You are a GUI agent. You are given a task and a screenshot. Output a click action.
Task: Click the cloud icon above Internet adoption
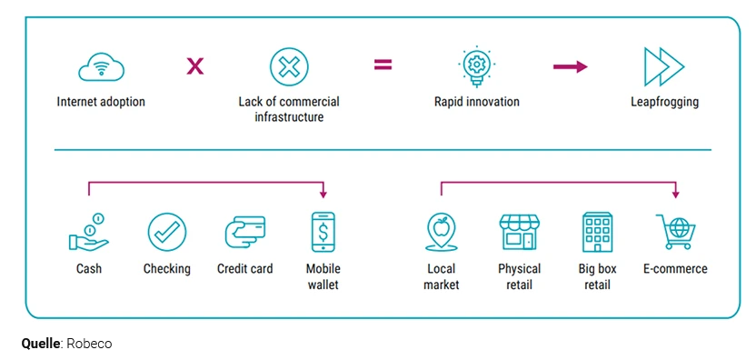100,67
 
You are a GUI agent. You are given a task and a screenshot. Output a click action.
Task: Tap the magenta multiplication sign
194,65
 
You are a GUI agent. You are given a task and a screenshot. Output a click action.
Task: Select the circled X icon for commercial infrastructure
289,67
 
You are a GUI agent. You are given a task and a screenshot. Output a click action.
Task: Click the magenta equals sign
383,65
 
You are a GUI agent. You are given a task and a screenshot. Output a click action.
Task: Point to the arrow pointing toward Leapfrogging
570,66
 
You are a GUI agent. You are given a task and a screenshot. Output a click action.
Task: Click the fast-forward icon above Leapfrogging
663,67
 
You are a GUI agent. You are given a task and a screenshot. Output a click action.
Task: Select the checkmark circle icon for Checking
167,232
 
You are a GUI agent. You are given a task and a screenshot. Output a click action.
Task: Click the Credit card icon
244,232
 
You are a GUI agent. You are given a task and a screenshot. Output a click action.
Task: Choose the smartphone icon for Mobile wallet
323,232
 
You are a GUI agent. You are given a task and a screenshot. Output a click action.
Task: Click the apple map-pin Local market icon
442,232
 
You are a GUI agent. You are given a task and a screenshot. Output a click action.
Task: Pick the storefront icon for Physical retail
519,232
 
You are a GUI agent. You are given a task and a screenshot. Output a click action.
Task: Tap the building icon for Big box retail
597,232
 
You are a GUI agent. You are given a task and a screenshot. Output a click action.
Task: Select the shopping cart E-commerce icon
674,232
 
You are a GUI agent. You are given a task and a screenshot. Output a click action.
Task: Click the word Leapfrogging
664,102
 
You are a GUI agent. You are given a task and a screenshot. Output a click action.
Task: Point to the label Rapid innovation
476,102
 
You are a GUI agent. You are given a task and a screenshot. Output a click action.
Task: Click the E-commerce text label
674,269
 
